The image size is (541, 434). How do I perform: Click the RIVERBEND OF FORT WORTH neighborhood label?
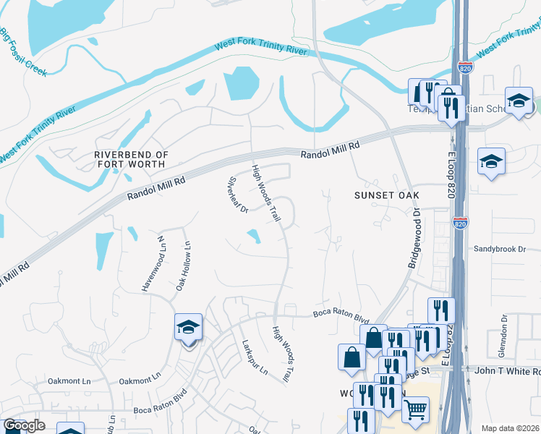tap(132, 160)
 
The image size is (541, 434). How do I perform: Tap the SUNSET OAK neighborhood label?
tap(386, 195)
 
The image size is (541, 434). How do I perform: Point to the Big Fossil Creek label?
tap(23, 53)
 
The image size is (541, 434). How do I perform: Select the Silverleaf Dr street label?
tap(238, 196)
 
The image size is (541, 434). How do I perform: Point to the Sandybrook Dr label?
tap(499, 249)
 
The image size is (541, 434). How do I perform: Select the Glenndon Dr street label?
tap(503, 331)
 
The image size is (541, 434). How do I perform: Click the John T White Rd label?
tap(506, 371)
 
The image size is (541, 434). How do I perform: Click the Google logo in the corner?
tap(24, 425)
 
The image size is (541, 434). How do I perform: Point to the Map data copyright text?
tap(511, 428)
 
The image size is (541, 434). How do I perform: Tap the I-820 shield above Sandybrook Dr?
tap(459, 223)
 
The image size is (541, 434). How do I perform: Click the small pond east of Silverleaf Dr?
tap(254, 236)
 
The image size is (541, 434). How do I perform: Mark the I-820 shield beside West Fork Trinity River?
tap(467, 67)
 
